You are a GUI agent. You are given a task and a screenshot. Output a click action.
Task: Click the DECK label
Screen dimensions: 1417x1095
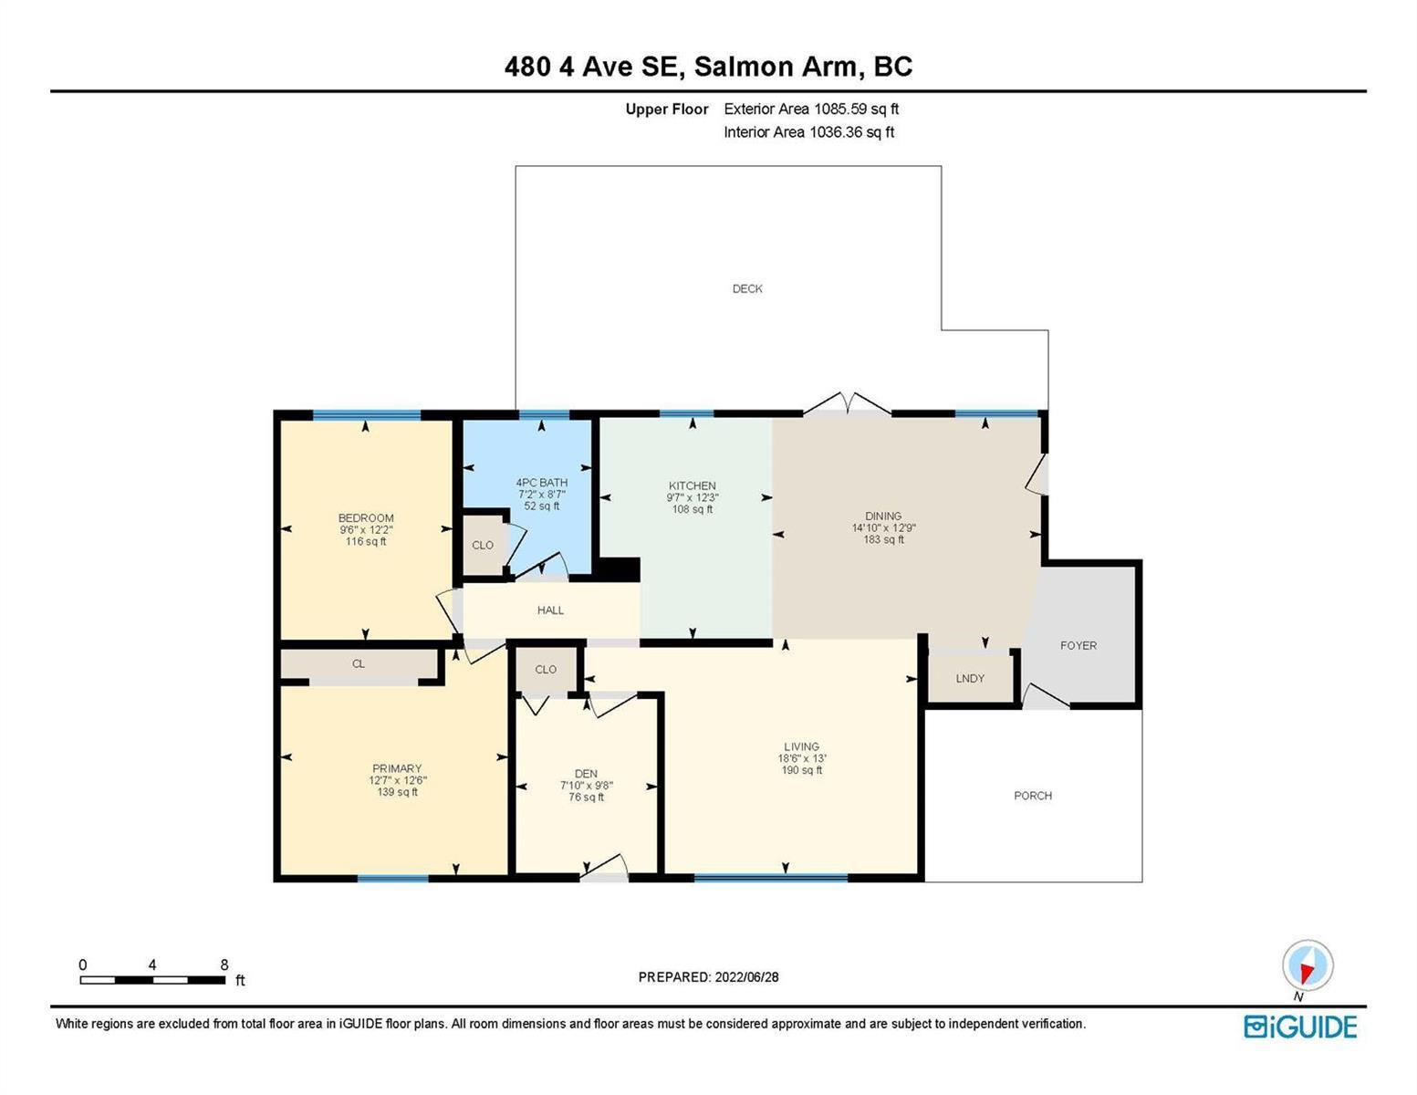[747, 289]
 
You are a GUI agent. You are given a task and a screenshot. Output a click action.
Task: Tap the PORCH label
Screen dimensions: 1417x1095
[1033, 796]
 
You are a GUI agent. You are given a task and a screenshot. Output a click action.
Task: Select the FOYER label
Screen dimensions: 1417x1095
[1078, 646]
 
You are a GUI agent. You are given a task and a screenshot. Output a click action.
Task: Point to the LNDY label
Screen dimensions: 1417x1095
[970, 678]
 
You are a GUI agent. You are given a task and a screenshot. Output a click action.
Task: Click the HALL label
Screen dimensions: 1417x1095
[550, 610]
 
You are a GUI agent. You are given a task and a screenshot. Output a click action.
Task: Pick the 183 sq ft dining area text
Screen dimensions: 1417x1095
[883, 539]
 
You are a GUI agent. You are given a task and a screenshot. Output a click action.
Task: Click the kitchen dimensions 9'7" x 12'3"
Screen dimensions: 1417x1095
[693, 497]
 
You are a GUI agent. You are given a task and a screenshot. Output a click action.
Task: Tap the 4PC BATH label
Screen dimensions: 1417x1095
[542, 483]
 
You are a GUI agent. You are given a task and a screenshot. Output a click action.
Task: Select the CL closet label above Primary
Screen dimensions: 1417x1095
[358, 664]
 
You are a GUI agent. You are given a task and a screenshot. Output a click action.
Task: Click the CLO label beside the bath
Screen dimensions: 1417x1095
[483, 545]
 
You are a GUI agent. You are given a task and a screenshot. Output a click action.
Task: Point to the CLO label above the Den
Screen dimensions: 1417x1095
[546, 670]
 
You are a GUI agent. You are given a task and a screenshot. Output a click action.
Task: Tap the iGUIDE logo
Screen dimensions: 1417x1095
[1300, 1027]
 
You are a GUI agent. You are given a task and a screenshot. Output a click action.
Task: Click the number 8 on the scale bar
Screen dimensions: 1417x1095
[224, 965]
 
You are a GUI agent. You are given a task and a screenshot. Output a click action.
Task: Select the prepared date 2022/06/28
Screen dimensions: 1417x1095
[746, 977]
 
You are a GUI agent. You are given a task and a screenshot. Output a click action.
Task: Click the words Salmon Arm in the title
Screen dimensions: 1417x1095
[776, 67]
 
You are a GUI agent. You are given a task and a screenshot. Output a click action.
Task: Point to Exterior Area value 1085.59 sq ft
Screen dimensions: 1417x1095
[856, 109]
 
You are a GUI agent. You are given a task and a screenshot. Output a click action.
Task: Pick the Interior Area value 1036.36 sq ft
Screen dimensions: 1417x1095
[851, 132]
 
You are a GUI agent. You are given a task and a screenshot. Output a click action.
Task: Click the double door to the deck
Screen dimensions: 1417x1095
[847, 404]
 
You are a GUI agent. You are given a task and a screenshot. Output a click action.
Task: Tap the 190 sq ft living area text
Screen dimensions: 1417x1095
[802, 770]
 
